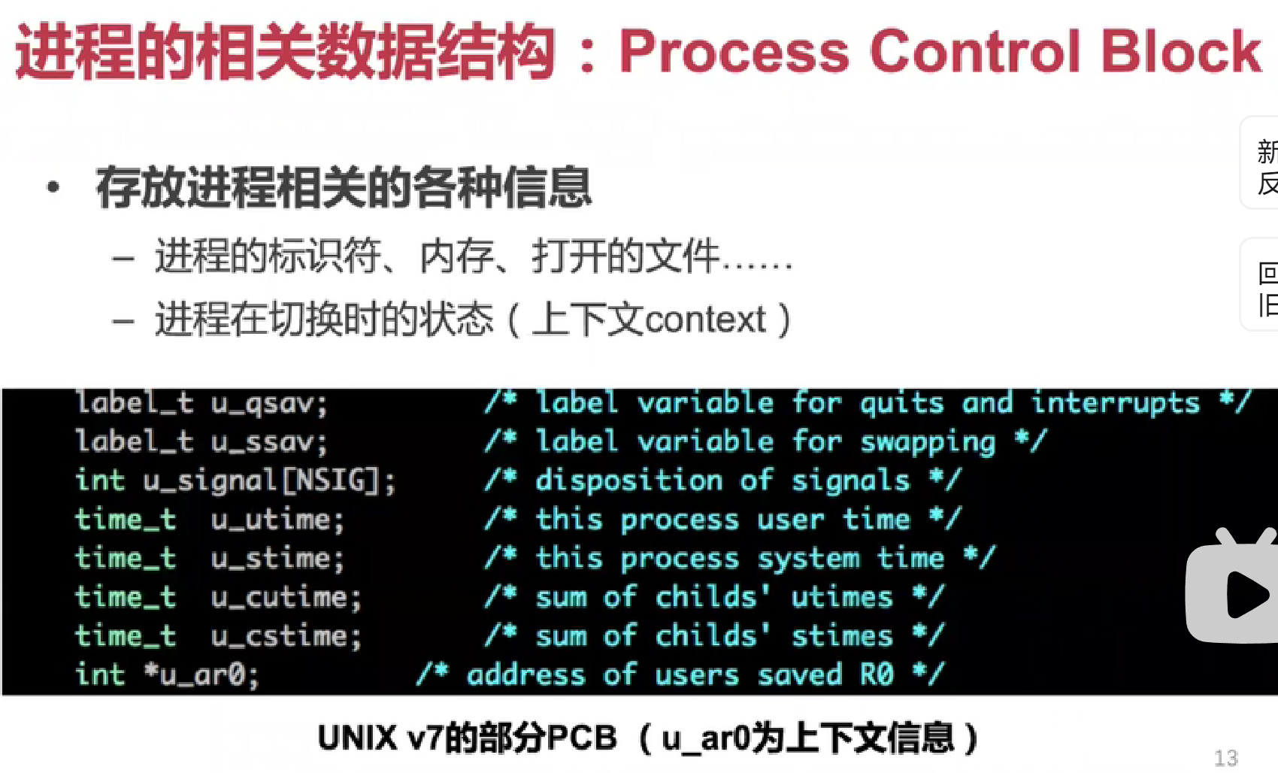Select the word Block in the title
tap(1180, 52)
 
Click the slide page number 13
tap(1225, 757)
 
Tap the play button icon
tap(1245, 594)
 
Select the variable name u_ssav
tap(268, 443)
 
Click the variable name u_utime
tap(277, 520)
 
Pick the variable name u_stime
tap(277, 559)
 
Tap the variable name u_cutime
tap(286, 598)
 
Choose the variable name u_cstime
tap(286, 637)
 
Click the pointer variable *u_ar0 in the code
tap(201, 675)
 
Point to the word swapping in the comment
tap(928, 443)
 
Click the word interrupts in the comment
tap(1115, 404)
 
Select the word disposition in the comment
tap(628, 480)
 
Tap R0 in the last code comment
tap(877, 675)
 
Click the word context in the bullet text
tap(705, 320)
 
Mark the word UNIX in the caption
tap(357, 738)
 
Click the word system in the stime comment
tap(808, 559)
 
